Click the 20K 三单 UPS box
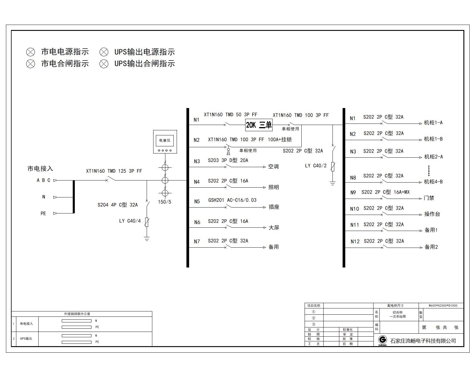pyautogui.click(x=259, y=125)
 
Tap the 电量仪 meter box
pyautogui.click(x=165, y=141)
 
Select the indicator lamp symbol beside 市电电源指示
pyautogui.click(x=31, y=52)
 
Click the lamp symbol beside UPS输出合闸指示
pyautogui.click(x=104, y=64)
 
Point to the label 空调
pyautogui.click(x=273, y=167)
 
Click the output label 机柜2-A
pyautogui.click(x=433, y=157)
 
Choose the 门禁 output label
pyautogui.click(x=429, y=198)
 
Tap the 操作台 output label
pyautogui.click(x=432, y=214)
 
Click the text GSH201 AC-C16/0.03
pyautogui.click(x=232, y=200)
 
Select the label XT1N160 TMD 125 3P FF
pyautogui.click(x=114, y=171)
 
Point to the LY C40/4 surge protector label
pyautogui.click(x=130, y=221)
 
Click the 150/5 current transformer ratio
pyautogui.click(x=164, y=202)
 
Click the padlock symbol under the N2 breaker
pyautogui.click(x=228, y=152)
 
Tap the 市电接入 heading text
pyautogui.click(x=40, y=169)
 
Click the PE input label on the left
pyautogui.click(x=43, y=213)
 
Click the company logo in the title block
pyautogui.click(x=383, y=340)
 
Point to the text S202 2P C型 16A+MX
pyautogui.click(x=385, y=192)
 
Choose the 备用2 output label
pyautogui.click(x=431, y=247)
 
